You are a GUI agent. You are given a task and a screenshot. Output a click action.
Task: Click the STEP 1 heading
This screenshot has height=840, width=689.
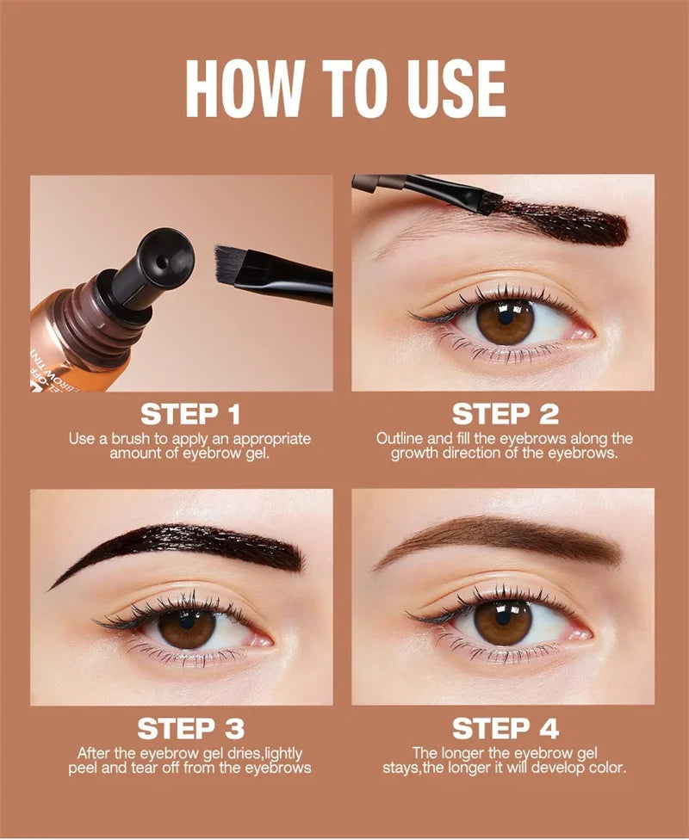point(190,414)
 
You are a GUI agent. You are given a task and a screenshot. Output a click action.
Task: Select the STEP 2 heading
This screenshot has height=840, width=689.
point(505,414)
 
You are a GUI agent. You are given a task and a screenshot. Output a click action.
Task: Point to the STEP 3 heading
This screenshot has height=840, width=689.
point(190,729)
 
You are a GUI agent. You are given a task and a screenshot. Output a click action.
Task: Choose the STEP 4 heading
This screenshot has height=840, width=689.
point(505,729)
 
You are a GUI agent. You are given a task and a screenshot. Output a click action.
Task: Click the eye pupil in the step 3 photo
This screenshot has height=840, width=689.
point(186,629)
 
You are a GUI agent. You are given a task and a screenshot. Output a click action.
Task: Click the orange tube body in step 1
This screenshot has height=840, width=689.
point(69,336)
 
